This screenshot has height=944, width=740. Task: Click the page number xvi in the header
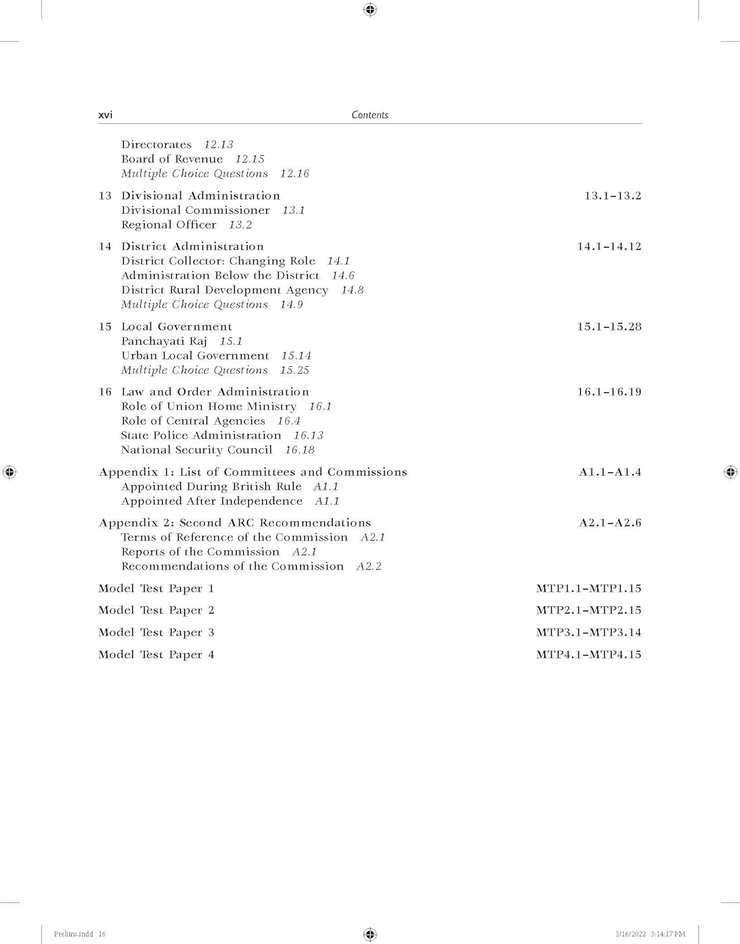106,115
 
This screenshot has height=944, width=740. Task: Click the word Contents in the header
370,115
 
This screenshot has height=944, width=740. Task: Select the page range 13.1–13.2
612,196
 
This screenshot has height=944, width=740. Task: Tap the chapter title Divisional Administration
200,196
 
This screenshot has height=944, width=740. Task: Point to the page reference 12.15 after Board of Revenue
250,159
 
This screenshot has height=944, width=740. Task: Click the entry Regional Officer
169,225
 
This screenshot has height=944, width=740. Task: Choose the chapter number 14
105,247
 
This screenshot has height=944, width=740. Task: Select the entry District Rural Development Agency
225,290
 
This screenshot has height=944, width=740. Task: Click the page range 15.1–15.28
609,327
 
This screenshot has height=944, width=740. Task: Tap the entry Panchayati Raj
164,341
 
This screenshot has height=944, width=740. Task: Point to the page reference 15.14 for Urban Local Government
296,356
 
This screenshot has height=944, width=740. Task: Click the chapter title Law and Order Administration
215,392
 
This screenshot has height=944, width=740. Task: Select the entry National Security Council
197,450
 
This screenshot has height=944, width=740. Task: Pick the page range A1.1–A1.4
610,472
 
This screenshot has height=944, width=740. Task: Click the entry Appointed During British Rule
211,486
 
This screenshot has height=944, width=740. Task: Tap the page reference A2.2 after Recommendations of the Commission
369,566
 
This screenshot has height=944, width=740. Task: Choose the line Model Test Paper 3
156,632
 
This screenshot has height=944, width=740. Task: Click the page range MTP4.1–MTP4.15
588,655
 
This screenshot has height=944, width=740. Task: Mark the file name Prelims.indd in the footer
74,934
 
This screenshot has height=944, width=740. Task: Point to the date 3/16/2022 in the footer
631,934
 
